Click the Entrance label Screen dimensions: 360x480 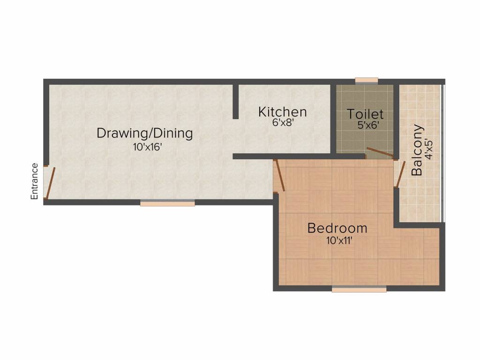(34, 181)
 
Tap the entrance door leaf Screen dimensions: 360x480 (50, 182)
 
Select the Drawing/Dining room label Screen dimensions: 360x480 (144, 133)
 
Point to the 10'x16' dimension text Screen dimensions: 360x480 (147, 147)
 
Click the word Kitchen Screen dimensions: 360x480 (283, 112)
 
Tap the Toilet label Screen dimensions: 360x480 (365, 114)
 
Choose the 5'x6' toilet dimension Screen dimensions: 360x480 (368, 126)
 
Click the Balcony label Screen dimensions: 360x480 (417, 150)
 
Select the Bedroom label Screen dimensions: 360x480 (337, 228)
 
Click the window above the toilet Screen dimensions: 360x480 (366, 81)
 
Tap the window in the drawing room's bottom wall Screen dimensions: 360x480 (167, 203)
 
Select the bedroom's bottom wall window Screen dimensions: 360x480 (359, 289)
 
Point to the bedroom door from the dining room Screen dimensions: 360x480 (280, 175)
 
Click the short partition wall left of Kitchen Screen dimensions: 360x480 (236, 101)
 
